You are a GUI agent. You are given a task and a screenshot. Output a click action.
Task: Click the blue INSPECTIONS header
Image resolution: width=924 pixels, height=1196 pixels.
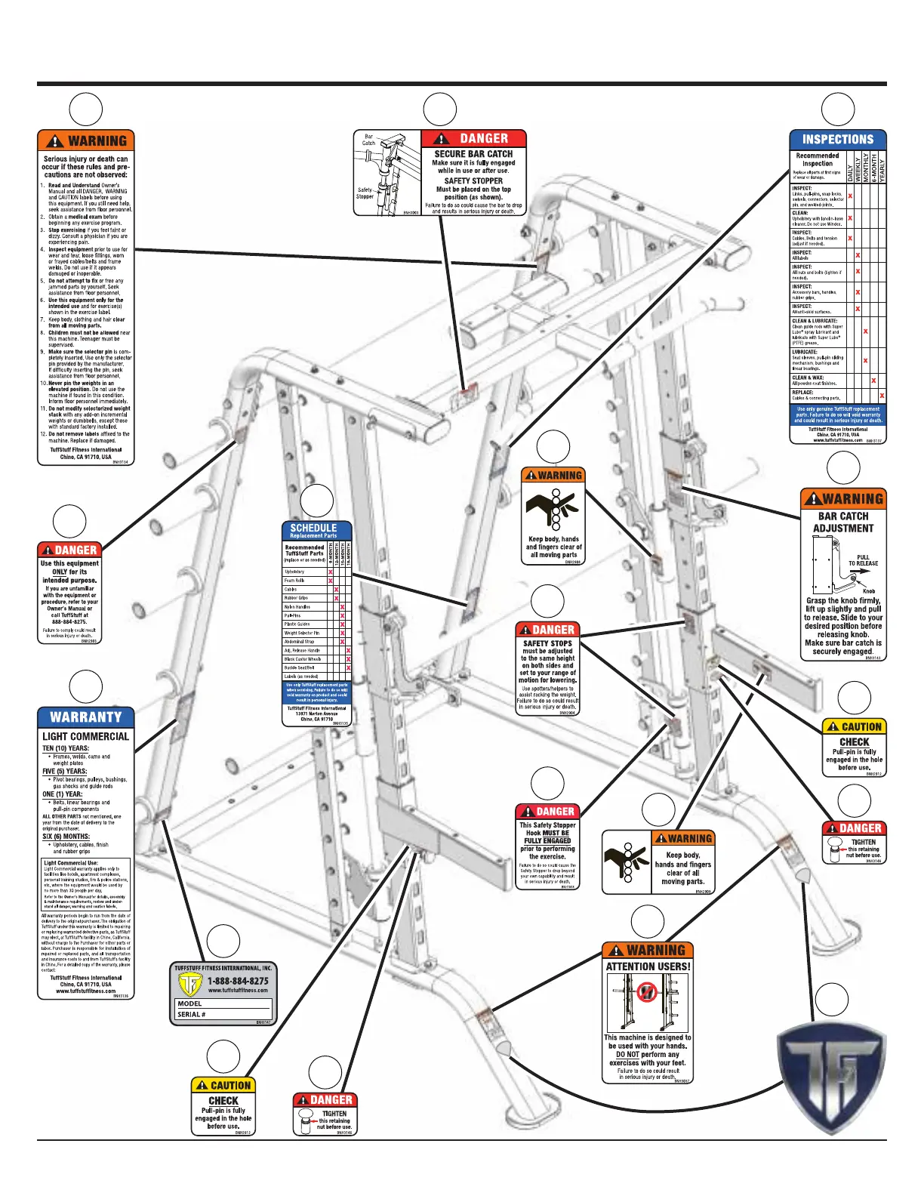tap(837, 140)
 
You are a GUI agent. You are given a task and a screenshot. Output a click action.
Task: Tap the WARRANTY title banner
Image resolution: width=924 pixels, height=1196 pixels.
tap(85, 717)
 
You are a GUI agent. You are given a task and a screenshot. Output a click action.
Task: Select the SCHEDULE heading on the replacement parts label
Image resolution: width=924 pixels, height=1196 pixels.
tap(313, 529)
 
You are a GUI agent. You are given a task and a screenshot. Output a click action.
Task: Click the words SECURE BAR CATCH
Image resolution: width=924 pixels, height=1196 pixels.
tap(473, 154)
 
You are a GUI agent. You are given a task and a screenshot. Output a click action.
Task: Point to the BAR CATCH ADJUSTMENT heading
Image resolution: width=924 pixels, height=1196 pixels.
tap(843, 522)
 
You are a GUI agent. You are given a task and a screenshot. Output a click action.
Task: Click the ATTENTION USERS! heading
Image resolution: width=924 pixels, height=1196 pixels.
tap(648, 966)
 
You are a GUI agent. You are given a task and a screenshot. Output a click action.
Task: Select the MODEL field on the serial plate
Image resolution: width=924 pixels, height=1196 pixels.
tap(223, 1004)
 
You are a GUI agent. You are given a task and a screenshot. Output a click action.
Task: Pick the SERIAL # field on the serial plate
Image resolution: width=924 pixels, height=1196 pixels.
tap(223, 1015)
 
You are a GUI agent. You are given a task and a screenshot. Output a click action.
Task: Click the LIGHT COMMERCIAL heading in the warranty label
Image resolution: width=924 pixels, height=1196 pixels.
tap(85, 737)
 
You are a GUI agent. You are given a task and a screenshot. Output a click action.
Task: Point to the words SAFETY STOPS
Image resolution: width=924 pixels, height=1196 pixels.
tap(547, 644)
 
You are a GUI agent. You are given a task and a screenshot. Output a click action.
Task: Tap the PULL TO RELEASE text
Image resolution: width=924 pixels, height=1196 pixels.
tap(863, 560)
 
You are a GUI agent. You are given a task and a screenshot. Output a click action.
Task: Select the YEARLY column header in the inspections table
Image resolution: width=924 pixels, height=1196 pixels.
tap(882, 168)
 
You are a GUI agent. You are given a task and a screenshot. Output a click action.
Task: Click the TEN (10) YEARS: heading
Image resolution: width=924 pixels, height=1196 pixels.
tap(65, 749)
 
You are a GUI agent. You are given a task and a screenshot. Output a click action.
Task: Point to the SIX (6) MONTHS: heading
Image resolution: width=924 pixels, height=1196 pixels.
tap(66, 837)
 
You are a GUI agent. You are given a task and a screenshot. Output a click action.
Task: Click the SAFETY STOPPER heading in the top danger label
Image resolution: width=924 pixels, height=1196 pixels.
tap(473, 181)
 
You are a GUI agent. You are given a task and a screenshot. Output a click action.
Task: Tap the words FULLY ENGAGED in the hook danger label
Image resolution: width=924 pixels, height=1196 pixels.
tap(547, 840)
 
